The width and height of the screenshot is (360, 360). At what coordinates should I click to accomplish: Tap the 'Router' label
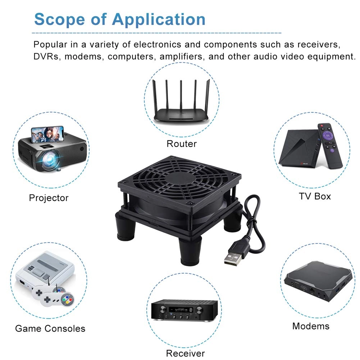tap(182, 144)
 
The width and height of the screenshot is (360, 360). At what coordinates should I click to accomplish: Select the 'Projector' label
tap(49, 197)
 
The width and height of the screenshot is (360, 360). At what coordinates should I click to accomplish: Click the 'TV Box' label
tap(315, 196)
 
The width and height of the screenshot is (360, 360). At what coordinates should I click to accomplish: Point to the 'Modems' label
tap(311, 326)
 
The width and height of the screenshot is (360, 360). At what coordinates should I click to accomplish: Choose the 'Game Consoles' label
tap(50, 328)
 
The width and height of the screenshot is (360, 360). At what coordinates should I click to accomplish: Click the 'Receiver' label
tap(185, 353)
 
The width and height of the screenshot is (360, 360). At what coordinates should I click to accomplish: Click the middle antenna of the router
tap(181, 95)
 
